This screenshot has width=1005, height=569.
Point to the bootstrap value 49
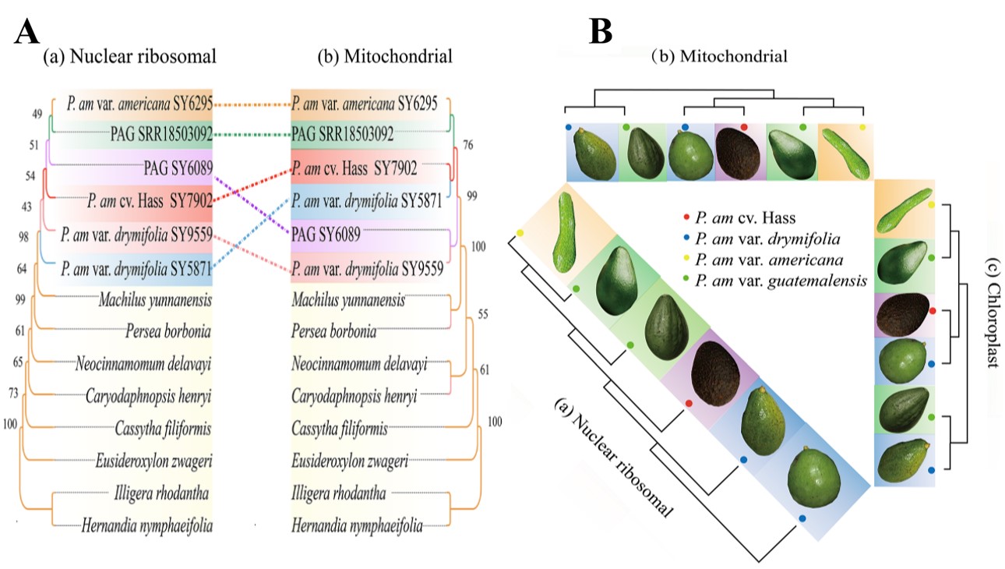click(37, 114)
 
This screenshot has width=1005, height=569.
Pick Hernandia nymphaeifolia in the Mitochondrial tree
click(357, 527)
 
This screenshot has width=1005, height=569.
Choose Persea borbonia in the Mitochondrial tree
click(333, 332)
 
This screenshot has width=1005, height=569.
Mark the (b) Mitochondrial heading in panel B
click(721, 56)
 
